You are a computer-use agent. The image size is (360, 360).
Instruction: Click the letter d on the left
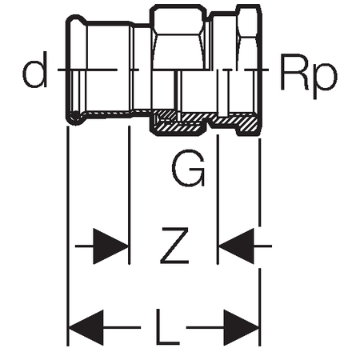tap(35, 70)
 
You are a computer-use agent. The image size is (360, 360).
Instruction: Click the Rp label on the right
tap(309, 76)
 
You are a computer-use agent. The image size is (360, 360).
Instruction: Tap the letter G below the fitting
tap(189, 169)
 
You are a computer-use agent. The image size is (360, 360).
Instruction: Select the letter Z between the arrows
tap(174, 246)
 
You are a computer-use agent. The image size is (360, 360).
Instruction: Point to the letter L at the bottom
tap(167, 327)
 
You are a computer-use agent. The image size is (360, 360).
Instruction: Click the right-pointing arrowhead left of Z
tap(110, 246)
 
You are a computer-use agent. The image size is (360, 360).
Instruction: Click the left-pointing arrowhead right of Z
tap(236, 246)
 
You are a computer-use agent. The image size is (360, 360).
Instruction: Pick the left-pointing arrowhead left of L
tap(86, 327)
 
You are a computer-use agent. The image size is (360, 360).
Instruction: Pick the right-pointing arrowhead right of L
tap(242, 327)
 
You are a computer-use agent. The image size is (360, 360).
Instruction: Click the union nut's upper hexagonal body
tap(178, 37)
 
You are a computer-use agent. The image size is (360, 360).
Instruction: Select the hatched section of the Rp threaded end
tap(234, 122)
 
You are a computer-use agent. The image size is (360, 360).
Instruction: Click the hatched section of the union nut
tap(178, 122)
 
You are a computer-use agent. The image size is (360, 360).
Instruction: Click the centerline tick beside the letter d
tap(87, 70)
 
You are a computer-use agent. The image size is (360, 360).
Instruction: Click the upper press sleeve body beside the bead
tap(110, 46)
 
